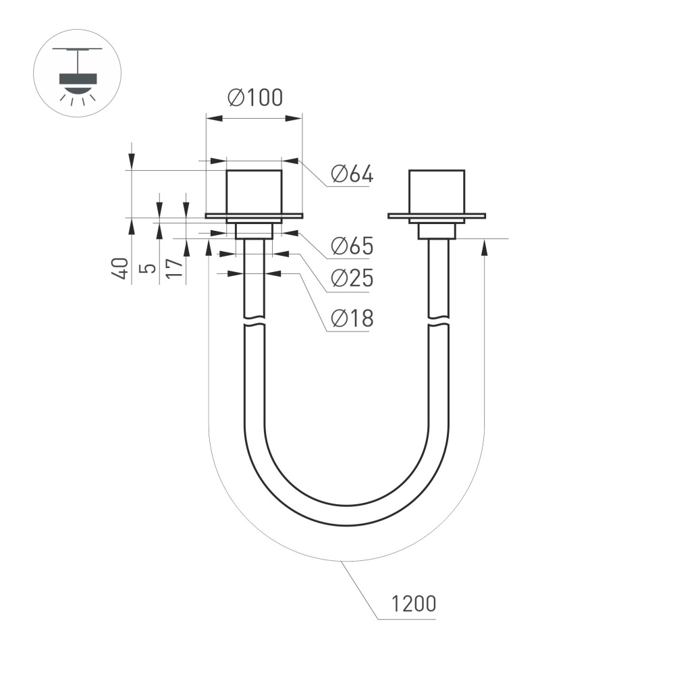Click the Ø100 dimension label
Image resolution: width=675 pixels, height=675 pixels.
tap(255, 98)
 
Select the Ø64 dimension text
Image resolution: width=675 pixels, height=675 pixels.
tap(352, 175)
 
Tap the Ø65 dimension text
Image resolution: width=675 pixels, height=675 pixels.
tap(352, 246)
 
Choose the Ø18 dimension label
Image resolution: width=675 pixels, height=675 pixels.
tap(352, 318)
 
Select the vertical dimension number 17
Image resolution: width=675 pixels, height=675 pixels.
tap(174, 268)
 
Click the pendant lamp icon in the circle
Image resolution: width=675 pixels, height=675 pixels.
tap(77, 74)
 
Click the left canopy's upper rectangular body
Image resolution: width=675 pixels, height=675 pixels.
tap(253, 192)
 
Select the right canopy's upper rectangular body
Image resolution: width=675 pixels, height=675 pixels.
tap(437, 192)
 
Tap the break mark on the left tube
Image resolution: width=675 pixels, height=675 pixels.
tap(254, 320)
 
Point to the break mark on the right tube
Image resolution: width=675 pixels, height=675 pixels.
tap(438, 321)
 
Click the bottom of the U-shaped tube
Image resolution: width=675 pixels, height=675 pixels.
tap(346, 516)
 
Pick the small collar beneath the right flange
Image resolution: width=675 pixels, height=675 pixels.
tap(437, 232)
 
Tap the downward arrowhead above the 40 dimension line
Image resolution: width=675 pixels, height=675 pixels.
tap(132, 161)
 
